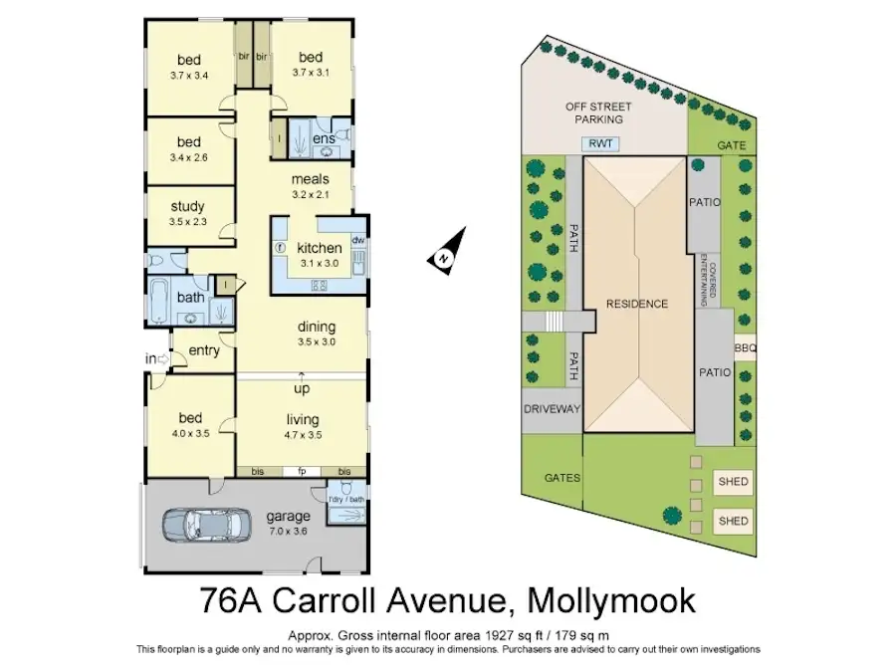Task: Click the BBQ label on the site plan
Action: click(x=746, y=348)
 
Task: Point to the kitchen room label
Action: click(x=320, y=248)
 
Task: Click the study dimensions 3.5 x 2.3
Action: click(x=188, y=222)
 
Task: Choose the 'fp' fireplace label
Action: click(x=302, y=471)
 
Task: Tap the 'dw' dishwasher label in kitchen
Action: click(x=357, y=240)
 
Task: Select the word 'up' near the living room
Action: click(x=301, y=388)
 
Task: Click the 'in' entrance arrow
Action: click(x=156, y=359)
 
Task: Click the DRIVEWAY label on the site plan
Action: click(x=552, y=408)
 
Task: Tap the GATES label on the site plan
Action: click(x=562, y=478)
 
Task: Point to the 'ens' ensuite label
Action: click(x=324, y=138)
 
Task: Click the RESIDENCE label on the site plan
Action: click(x=637, y=304)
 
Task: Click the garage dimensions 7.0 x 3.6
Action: click(x=289, y=533)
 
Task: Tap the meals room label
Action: click(x=310, y=179)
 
